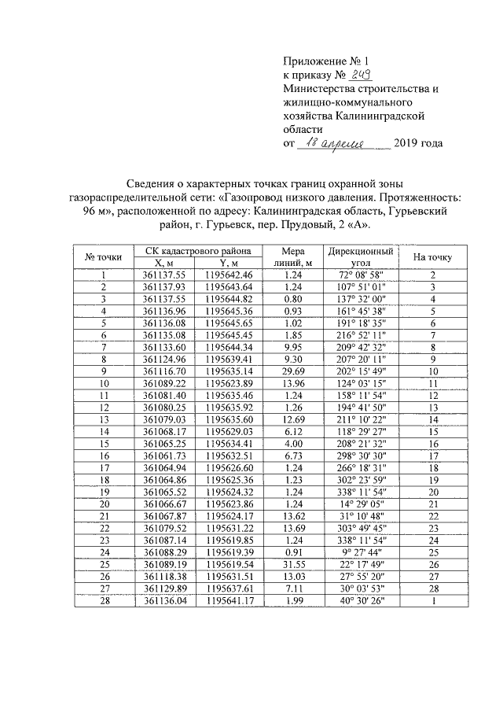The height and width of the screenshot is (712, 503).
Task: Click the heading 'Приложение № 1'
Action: point(325,61)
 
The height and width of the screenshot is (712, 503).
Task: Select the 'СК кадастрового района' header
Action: point(198,251)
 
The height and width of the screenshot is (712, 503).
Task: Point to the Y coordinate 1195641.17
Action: point(229,602)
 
